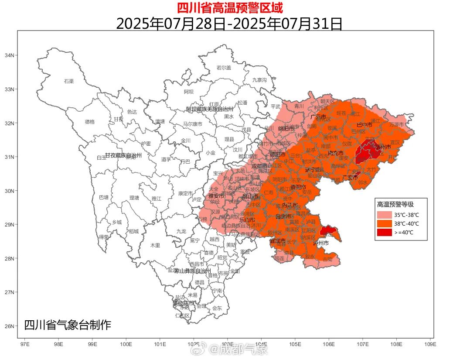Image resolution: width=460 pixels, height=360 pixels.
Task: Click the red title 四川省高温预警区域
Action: pyautogui.click(x=230, y=7)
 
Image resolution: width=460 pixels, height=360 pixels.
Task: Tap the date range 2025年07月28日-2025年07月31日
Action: pyautogui.click(x=229, y=24)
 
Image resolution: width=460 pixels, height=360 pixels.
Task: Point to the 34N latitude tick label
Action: pyautogui.click(x=9, y=55)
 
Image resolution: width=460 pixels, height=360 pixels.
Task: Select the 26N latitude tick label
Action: pyautogui.click(x=9, y=326)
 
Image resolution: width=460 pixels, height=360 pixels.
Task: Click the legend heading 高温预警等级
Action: pyautogui.click(x=395, y=204)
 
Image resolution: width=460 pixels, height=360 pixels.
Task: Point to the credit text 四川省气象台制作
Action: pyautogui.click(x=68, y=325)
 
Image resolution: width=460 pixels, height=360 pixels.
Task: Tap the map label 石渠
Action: pyautogui.click(x=69, y=81)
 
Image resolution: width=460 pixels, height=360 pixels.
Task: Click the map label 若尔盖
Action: pyautogui.click(x=224, y=68)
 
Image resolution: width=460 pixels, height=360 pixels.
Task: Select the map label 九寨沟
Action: pyautogui.click(x=259, y=80)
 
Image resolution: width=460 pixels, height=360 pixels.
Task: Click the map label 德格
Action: pyautogui.click(x=89, y=122)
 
